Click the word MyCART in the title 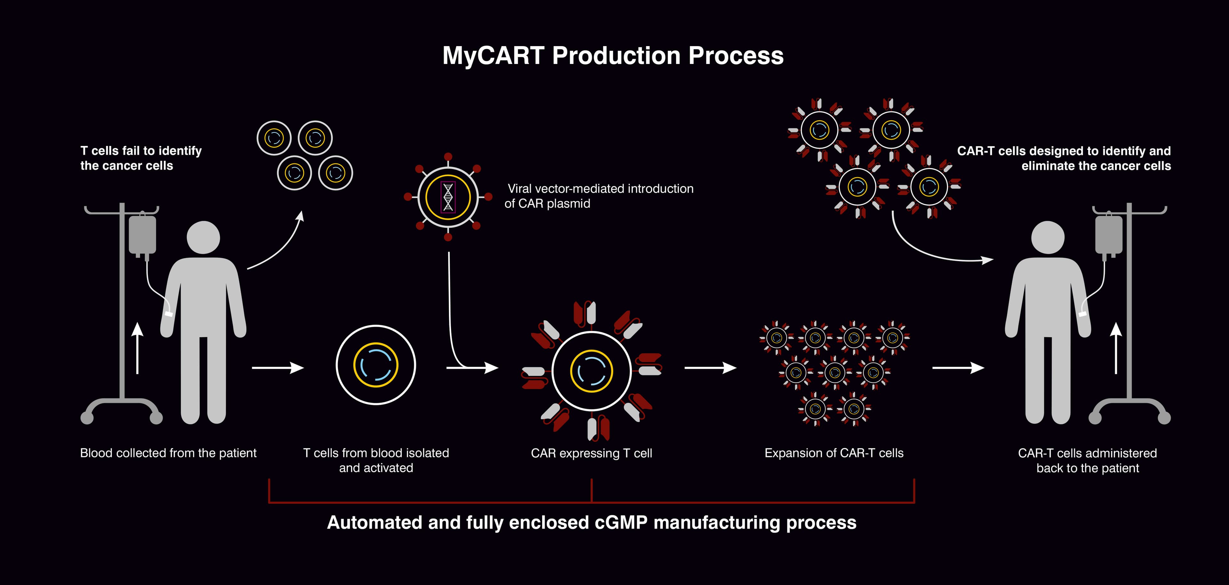click(x=493, y=56)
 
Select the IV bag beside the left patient click(x=142, y=235)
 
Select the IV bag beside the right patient click(x=1109, y=235)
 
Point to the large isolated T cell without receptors click(x=376, y=365)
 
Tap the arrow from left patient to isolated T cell click(x=278, y=368)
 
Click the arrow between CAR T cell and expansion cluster click(x=711, y=368)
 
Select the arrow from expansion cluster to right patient click(x=958, y=368)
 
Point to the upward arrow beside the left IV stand click(x=137, y=348)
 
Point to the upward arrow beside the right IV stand click(x=1116, y=348)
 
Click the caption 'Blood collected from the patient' click(x=168, y=453)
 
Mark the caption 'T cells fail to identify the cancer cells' click(x=141, y=158)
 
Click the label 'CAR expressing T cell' click(x=591, y=453)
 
